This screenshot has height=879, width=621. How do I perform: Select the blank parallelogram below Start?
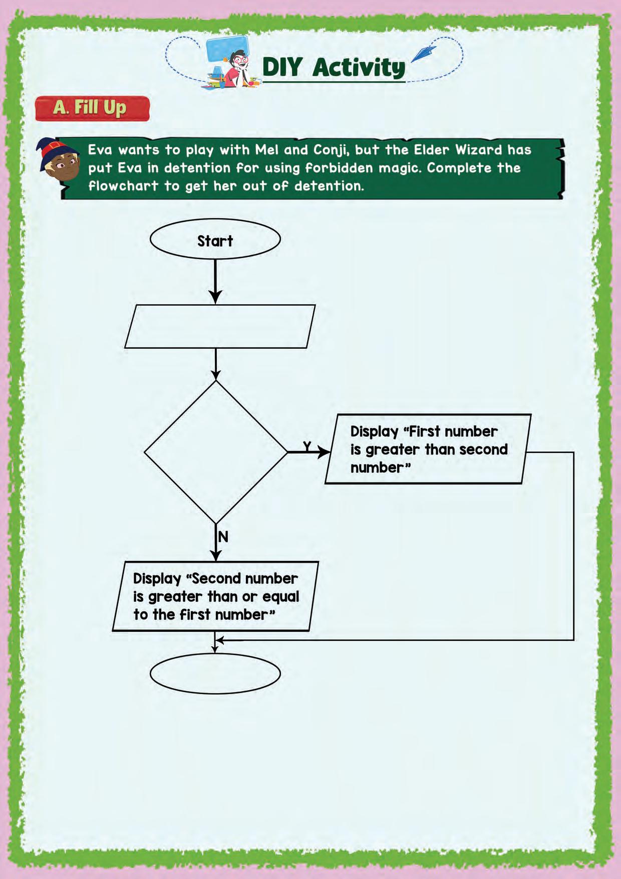click(x=219, y=326)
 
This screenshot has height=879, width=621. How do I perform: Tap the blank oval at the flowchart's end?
click(x=215, y=673)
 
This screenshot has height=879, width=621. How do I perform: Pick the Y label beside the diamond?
click(x=307, y=446)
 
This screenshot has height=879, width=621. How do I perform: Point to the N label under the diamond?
click(x=223, y=537)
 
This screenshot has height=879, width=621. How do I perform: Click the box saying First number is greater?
click(x=428, y=449)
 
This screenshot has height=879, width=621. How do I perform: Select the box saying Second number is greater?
click(x=215, y=596)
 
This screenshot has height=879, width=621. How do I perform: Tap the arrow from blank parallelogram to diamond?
click(x=216, y=364)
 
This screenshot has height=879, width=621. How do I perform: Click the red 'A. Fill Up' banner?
click(x=92, y=108)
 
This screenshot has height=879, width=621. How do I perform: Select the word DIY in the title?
click(x=282, y=67)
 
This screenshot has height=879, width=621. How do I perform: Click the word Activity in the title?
click(x=359, y=68)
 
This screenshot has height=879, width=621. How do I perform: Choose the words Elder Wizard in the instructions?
click(x=458, y=150)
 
